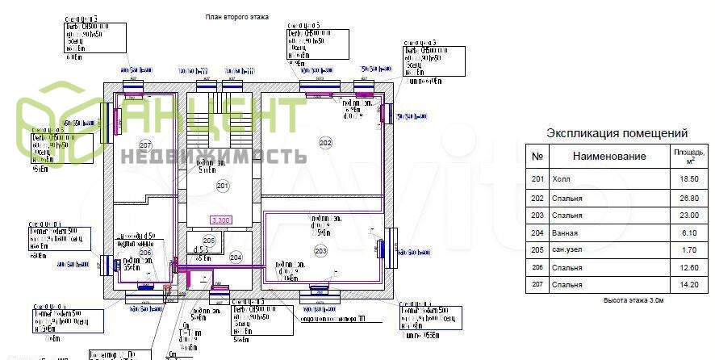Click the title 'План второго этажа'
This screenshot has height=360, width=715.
(236, 16)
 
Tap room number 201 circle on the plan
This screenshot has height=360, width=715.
(223, 186)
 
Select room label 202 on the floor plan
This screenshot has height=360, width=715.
(325, 143)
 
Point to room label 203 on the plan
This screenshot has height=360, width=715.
(320, 252)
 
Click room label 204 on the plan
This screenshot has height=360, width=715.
(236, 257)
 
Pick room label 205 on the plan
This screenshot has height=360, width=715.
(208, 241)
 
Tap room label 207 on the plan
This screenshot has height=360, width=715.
(145, 144)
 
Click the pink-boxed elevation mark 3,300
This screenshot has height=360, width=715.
(220, 220)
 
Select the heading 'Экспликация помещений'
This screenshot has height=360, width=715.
(617, 133)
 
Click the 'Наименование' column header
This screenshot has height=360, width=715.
(609, 157)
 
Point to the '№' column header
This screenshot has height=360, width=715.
(537, 157)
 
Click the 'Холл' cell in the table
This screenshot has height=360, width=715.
(561, 178)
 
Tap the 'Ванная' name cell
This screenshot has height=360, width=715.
(566, 232)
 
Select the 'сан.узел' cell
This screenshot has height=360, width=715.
(568, 249)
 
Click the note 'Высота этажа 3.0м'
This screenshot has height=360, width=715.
(633, 300)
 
